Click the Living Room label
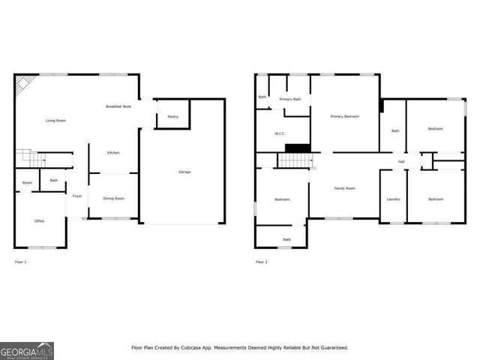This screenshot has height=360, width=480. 56,120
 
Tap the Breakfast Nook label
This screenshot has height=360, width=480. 118,106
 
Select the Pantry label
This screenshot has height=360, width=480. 172,117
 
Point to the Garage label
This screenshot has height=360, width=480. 184,172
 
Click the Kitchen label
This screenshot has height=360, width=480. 113,152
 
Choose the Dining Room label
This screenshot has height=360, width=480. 114,198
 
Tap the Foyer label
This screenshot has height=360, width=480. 77,196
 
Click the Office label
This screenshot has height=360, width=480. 40,220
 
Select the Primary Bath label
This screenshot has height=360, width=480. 290,99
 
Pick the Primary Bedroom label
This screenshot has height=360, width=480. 346,116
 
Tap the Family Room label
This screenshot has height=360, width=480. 345,187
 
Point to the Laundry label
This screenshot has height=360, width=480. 393,199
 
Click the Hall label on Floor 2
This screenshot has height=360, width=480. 401,162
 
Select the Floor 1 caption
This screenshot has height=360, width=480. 21,262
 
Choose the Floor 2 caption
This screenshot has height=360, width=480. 261,262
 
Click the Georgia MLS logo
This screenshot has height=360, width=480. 27,350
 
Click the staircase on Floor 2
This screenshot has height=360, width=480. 293,160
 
